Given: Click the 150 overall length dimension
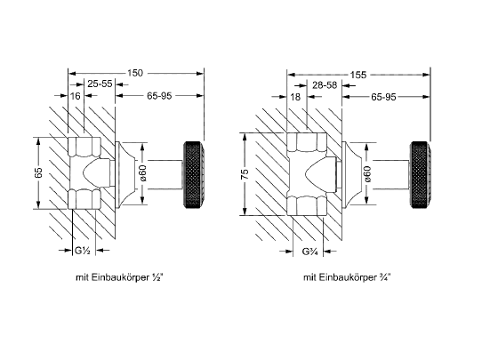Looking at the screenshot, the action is pos(135,73).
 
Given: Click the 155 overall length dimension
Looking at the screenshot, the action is pos(358,75).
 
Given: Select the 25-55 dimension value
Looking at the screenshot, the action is pos(100,84).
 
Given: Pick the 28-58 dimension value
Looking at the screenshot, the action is pos(325,85).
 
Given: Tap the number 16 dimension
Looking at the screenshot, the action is pos(75,96).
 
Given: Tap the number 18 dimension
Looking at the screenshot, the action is pos(295,97).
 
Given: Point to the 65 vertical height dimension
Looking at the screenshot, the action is pos(38,173).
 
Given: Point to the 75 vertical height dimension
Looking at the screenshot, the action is pos(245,174).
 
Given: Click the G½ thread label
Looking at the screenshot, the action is pos(83,251).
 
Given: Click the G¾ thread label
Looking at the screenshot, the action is pos(310,252).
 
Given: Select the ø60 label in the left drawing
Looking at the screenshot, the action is pos(143,173).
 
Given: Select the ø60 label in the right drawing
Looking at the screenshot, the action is pos(367,174).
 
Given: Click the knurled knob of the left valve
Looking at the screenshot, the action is pos(194,174).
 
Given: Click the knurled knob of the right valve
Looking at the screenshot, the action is pos(421,175).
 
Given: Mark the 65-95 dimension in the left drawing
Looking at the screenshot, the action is pos(159,96).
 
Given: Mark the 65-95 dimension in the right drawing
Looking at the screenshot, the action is pos(383,97).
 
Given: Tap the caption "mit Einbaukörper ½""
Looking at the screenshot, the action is pos(120,277).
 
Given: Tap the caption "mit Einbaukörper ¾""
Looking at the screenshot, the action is pos(347,277).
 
